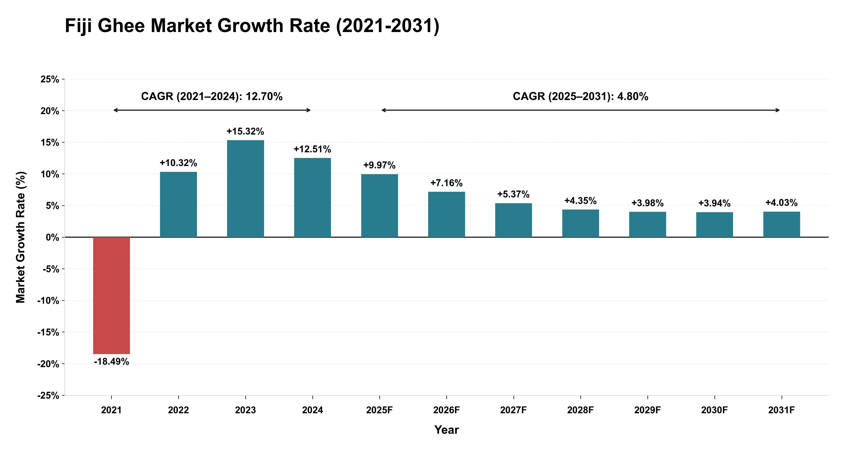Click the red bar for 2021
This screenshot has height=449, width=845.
tap(112, 295)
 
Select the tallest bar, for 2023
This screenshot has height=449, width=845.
tap(245, 189)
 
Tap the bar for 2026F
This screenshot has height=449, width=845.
tap(446, 214)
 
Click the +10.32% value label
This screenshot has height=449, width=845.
tap(179, 163)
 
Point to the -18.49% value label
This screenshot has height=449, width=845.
tap(112, 362)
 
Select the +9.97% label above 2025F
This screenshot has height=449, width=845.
tap(380, 165)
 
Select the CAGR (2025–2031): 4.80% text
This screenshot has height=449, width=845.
tap(581, 96)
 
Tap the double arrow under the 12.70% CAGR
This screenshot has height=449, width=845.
tap(212, 110)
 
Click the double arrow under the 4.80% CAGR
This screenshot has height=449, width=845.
tap(581, 110)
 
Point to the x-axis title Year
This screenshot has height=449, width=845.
tap(446, 430)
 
